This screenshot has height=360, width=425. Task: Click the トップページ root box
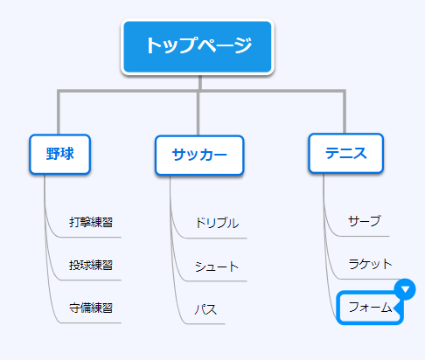click(198, 47)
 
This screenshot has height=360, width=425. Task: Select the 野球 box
click(60, 154)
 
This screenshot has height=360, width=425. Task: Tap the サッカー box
click(199, 156)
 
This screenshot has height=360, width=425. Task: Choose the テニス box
click(345, 154)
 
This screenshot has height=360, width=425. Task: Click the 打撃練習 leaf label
click(91, 222)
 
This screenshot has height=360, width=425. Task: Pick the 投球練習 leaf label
click(91, 265)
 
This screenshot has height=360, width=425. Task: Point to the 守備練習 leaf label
click(91, 308)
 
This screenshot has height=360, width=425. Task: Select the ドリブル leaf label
click(217, 223)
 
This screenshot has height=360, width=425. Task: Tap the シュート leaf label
click(217, 267)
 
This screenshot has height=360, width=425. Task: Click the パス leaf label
click(206, 309)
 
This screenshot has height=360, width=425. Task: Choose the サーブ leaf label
click(365, 221)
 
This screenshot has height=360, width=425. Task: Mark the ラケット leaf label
click(370, 264)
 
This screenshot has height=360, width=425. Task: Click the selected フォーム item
click(370, 308)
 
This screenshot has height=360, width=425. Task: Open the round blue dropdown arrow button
click(405, 289)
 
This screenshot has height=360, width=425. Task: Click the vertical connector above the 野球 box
click(59, 113)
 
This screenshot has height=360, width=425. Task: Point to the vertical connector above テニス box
click(345, 112)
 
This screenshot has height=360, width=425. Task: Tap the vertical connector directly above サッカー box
click(199, 114)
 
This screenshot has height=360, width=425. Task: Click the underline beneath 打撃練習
click(90, 237)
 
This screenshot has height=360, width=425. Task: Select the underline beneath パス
click(206, 323)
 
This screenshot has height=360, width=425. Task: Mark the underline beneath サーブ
click(364, 236)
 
